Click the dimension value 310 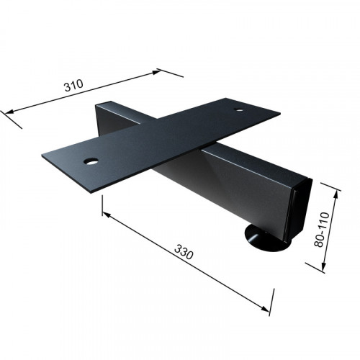pos(73,85)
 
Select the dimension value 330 pos(184,252)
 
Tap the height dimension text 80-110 pos(322,230)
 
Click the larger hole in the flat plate pos(91,161)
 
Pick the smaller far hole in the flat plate pos(239,110)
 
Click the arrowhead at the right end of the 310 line pos(156,72)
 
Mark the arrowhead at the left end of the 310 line pos(9,112)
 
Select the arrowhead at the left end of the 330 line pos(107,215)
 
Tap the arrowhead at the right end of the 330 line pos(265,309)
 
